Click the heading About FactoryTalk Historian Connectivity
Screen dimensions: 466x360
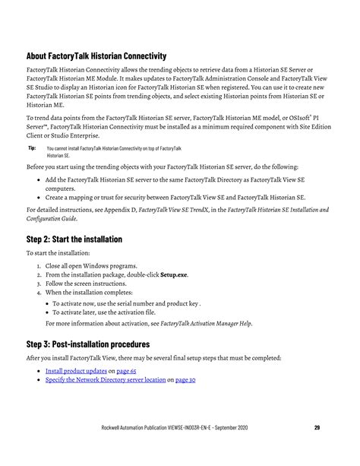(x=96, y=56)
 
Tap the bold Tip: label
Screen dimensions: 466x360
(x=32, y=148)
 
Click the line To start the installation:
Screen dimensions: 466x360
(x=58, y=252)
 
